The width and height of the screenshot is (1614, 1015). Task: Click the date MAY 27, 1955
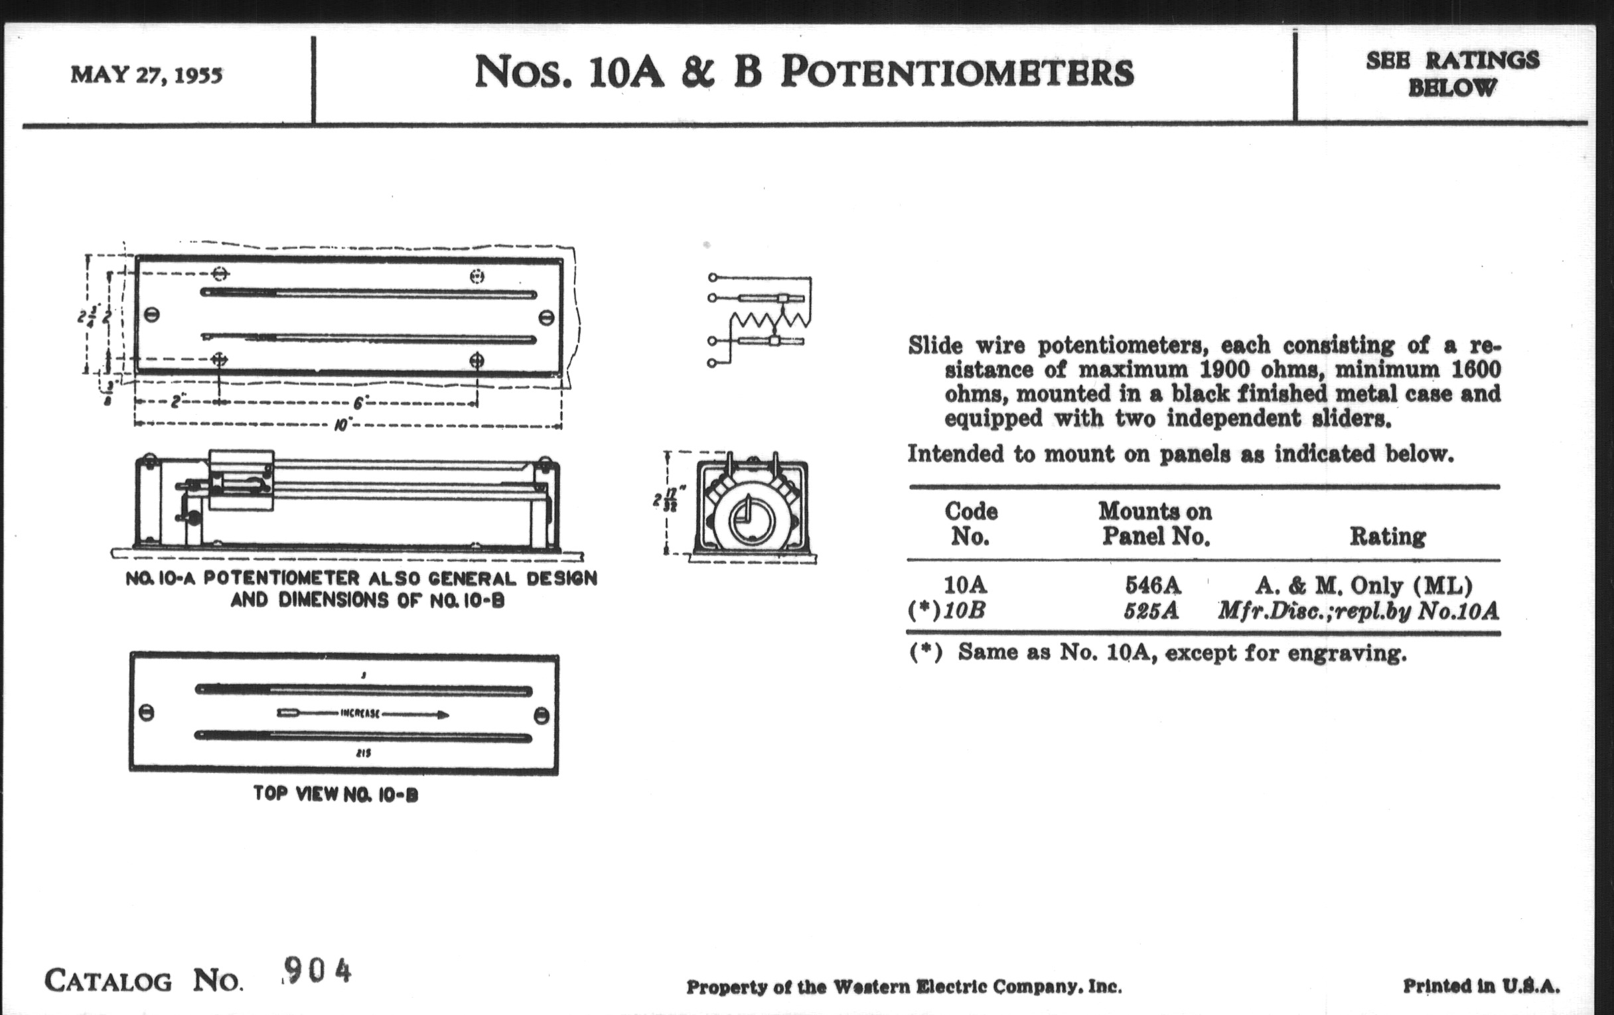point(146,75)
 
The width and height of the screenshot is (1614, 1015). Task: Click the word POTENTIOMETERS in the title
point(957,72)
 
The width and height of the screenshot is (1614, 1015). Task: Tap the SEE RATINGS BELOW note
point(1452,74)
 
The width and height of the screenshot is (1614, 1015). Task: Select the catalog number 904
point(317,969)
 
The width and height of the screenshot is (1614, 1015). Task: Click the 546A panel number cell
point(1152,586)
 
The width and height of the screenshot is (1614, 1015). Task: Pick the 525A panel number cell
point(1151,611)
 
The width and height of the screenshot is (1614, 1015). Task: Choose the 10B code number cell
point(964,611)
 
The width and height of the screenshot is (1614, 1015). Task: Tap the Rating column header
point(1387,536)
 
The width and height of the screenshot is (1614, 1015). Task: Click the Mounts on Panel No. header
point(1155,523)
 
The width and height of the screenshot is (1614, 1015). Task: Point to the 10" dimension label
point(342,425)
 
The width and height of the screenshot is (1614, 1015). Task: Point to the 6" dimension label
point(359,403)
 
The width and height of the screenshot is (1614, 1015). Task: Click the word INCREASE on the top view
point(360,714)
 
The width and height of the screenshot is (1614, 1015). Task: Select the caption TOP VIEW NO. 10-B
point(336,795)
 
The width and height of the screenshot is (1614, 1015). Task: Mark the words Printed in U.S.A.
point(1481,986)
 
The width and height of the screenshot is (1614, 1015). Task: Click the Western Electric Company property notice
point(903,987)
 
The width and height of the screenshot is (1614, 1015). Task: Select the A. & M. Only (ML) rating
point(1363,586)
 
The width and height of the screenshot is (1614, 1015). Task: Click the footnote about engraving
point(1158,653)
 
